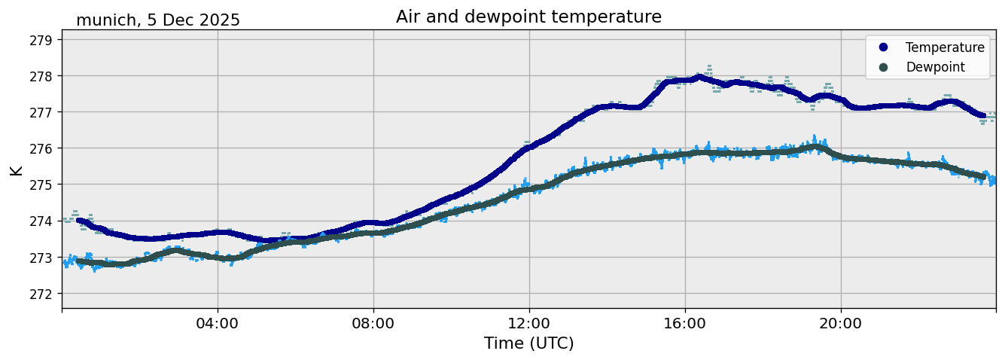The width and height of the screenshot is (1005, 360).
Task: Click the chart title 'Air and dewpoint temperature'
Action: click(x=528, y=17)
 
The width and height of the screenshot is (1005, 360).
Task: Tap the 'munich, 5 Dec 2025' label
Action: click(x=158, y=20)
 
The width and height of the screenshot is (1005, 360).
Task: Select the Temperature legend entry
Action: click(x=944, y=47)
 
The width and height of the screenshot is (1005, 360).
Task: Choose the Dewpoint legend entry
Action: click(x=935, y=67)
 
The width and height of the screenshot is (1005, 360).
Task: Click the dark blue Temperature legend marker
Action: click(x=883, y=47)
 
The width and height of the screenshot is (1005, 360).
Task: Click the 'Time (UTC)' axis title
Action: click(x=528, y=343)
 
